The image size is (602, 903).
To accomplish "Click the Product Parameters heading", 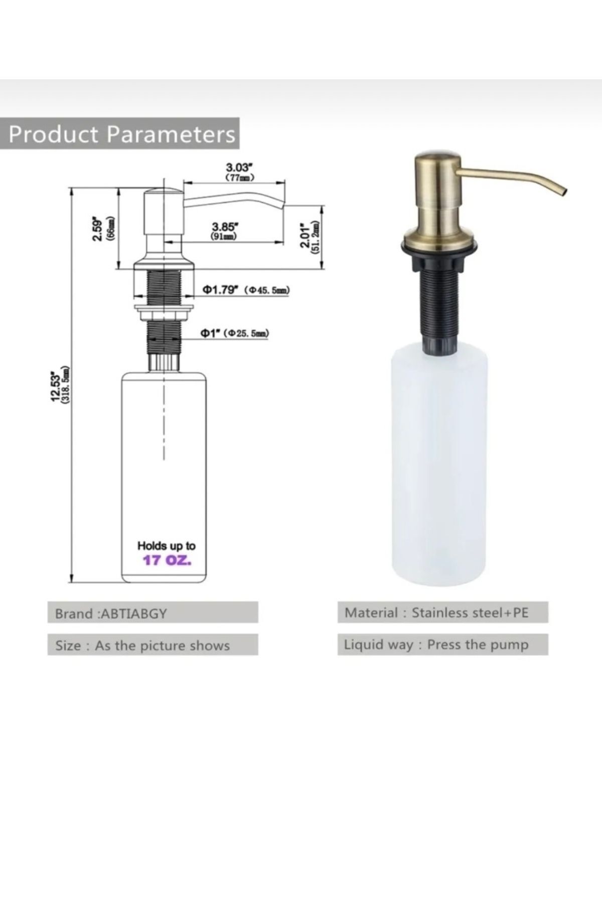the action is click(121, 134).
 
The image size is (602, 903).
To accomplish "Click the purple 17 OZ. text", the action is click(167, 560).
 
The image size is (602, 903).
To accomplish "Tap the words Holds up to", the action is click(167, 545).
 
